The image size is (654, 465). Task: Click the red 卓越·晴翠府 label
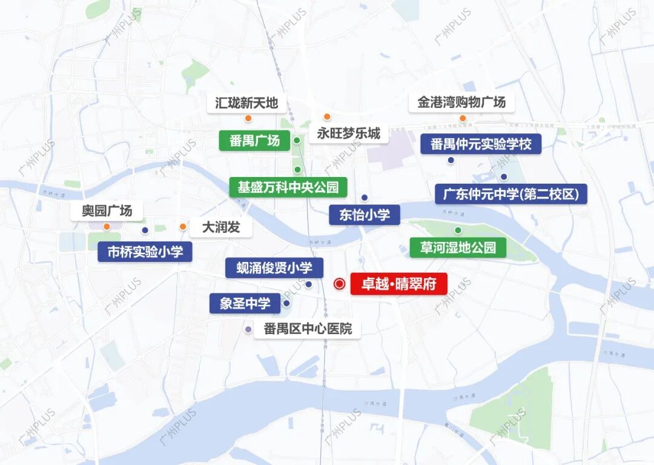click(x=398, y=284)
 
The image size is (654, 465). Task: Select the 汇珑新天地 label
click(x=246, y=102)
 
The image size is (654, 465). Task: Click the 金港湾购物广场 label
click(x=461, y=102)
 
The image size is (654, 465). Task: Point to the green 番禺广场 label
click(x=254, y=141)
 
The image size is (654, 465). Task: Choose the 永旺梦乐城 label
click(x=349, y=133)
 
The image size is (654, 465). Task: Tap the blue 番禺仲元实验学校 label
click(x=481, y=144)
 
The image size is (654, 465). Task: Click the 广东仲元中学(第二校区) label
click(x=511, y=194)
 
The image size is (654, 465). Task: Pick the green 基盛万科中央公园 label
click(x=288, y=187)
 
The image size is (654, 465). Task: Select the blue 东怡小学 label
click(x=365, y=215)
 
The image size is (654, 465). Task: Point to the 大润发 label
click(x=220, y=227)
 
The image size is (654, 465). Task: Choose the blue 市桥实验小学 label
click(x=145, y=252)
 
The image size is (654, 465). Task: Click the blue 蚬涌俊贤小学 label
click(x=274, y=267)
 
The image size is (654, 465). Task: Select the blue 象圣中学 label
click(x=245, y=303)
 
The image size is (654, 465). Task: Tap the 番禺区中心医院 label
click(x=307, y=329)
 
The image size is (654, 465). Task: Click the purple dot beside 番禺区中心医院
click(x=248, y=329)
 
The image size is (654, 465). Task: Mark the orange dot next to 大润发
click(x=182, y=227)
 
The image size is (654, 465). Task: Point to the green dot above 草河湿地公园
click(x=458, y=230)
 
